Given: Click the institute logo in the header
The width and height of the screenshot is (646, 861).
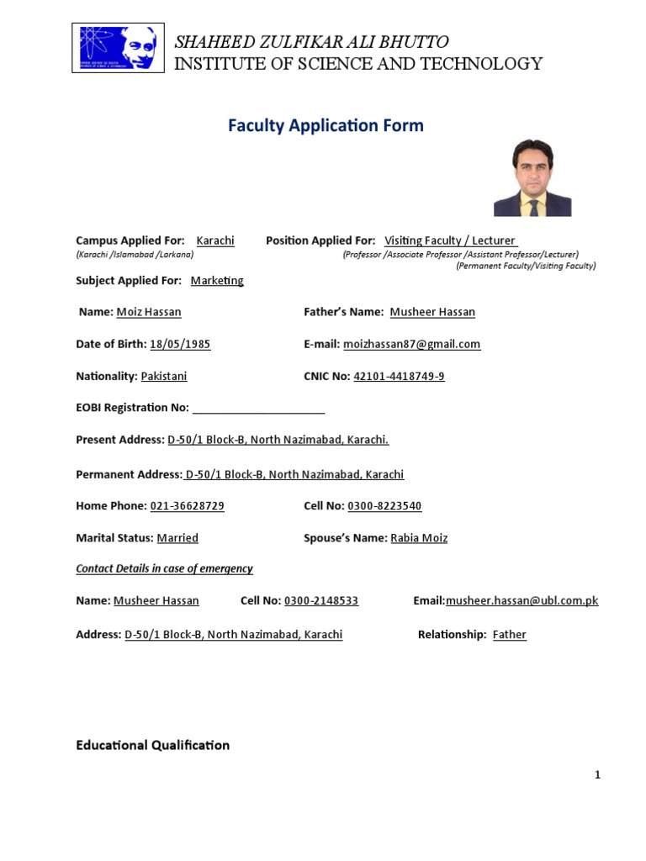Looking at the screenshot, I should pyautogui.click(x=117, y=48).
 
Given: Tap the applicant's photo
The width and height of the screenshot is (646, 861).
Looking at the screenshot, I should pyautogui.click(x=532, y=177).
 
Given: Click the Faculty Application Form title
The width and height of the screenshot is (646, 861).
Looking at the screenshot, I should pyautogui.click(x=326, y=126).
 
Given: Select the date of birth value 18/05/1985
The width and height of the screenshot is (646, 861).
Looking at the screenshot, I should pyautogui.click(x=180, y=344).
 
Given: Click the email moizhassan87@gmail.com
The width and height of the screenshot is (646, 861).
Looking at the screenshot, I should pyautogui.click(x=412, y=344).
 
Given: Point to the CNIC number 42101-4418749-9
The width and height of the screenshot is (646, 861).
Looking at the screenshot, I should pyautogui.click(x=399, y=377).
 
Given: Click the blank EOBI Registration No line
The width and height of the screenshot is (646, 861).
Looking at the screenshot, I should pyautogui.click(x=258, y=409).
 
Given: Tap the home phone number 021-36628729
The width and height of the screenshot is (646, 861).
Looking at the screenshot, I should pyautogui.click(x=187, y=506).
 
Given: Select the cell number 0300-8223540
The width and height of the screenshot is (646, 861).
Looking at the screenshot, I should pyautogui.click(x=384, y=506).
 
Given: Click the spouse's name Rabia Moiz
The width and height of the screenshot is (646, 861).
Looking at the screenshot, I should pyautogui.click(x=419, y=538).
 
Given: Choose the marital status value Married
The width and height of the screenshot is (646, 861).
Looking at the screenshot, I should pyautogui.click(x=177, y=538).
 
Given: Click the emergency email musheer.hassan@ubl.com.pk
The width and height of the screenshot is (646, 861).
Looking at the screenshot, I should pyautogui.click(x=522, y=601).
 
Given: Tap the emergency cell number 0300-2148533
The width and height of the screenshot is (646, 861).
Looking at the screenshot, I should pyautogui.click(x=321, y=601).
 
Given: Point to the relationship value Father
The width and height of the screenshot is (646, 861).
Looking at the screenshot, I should pyautogui.click(x=509, y=635).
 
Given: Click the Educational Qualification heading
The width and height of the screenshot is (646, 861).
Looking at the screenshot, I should pyautogui.click(x=152, y=745).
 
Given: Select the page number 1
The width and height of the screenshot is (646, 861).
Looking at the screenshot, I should pyautogui.click(x=597, y=775).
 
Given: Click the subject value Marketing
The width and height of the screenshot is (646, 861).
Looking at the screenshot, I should pyautogui.click(x=217, y=281).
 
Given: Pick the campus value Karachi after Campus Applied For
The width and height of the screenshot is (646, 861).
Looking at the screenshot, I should pyautogui.click(x=215, y=240).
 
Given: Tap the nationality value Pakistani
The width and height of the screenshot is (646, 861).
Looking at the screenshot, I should pyautogui.click(x=164, y=377).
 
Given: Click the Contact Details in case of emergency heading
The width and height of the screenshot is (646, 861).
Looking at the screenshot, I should pyautogui.click(x=164, y=569).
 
